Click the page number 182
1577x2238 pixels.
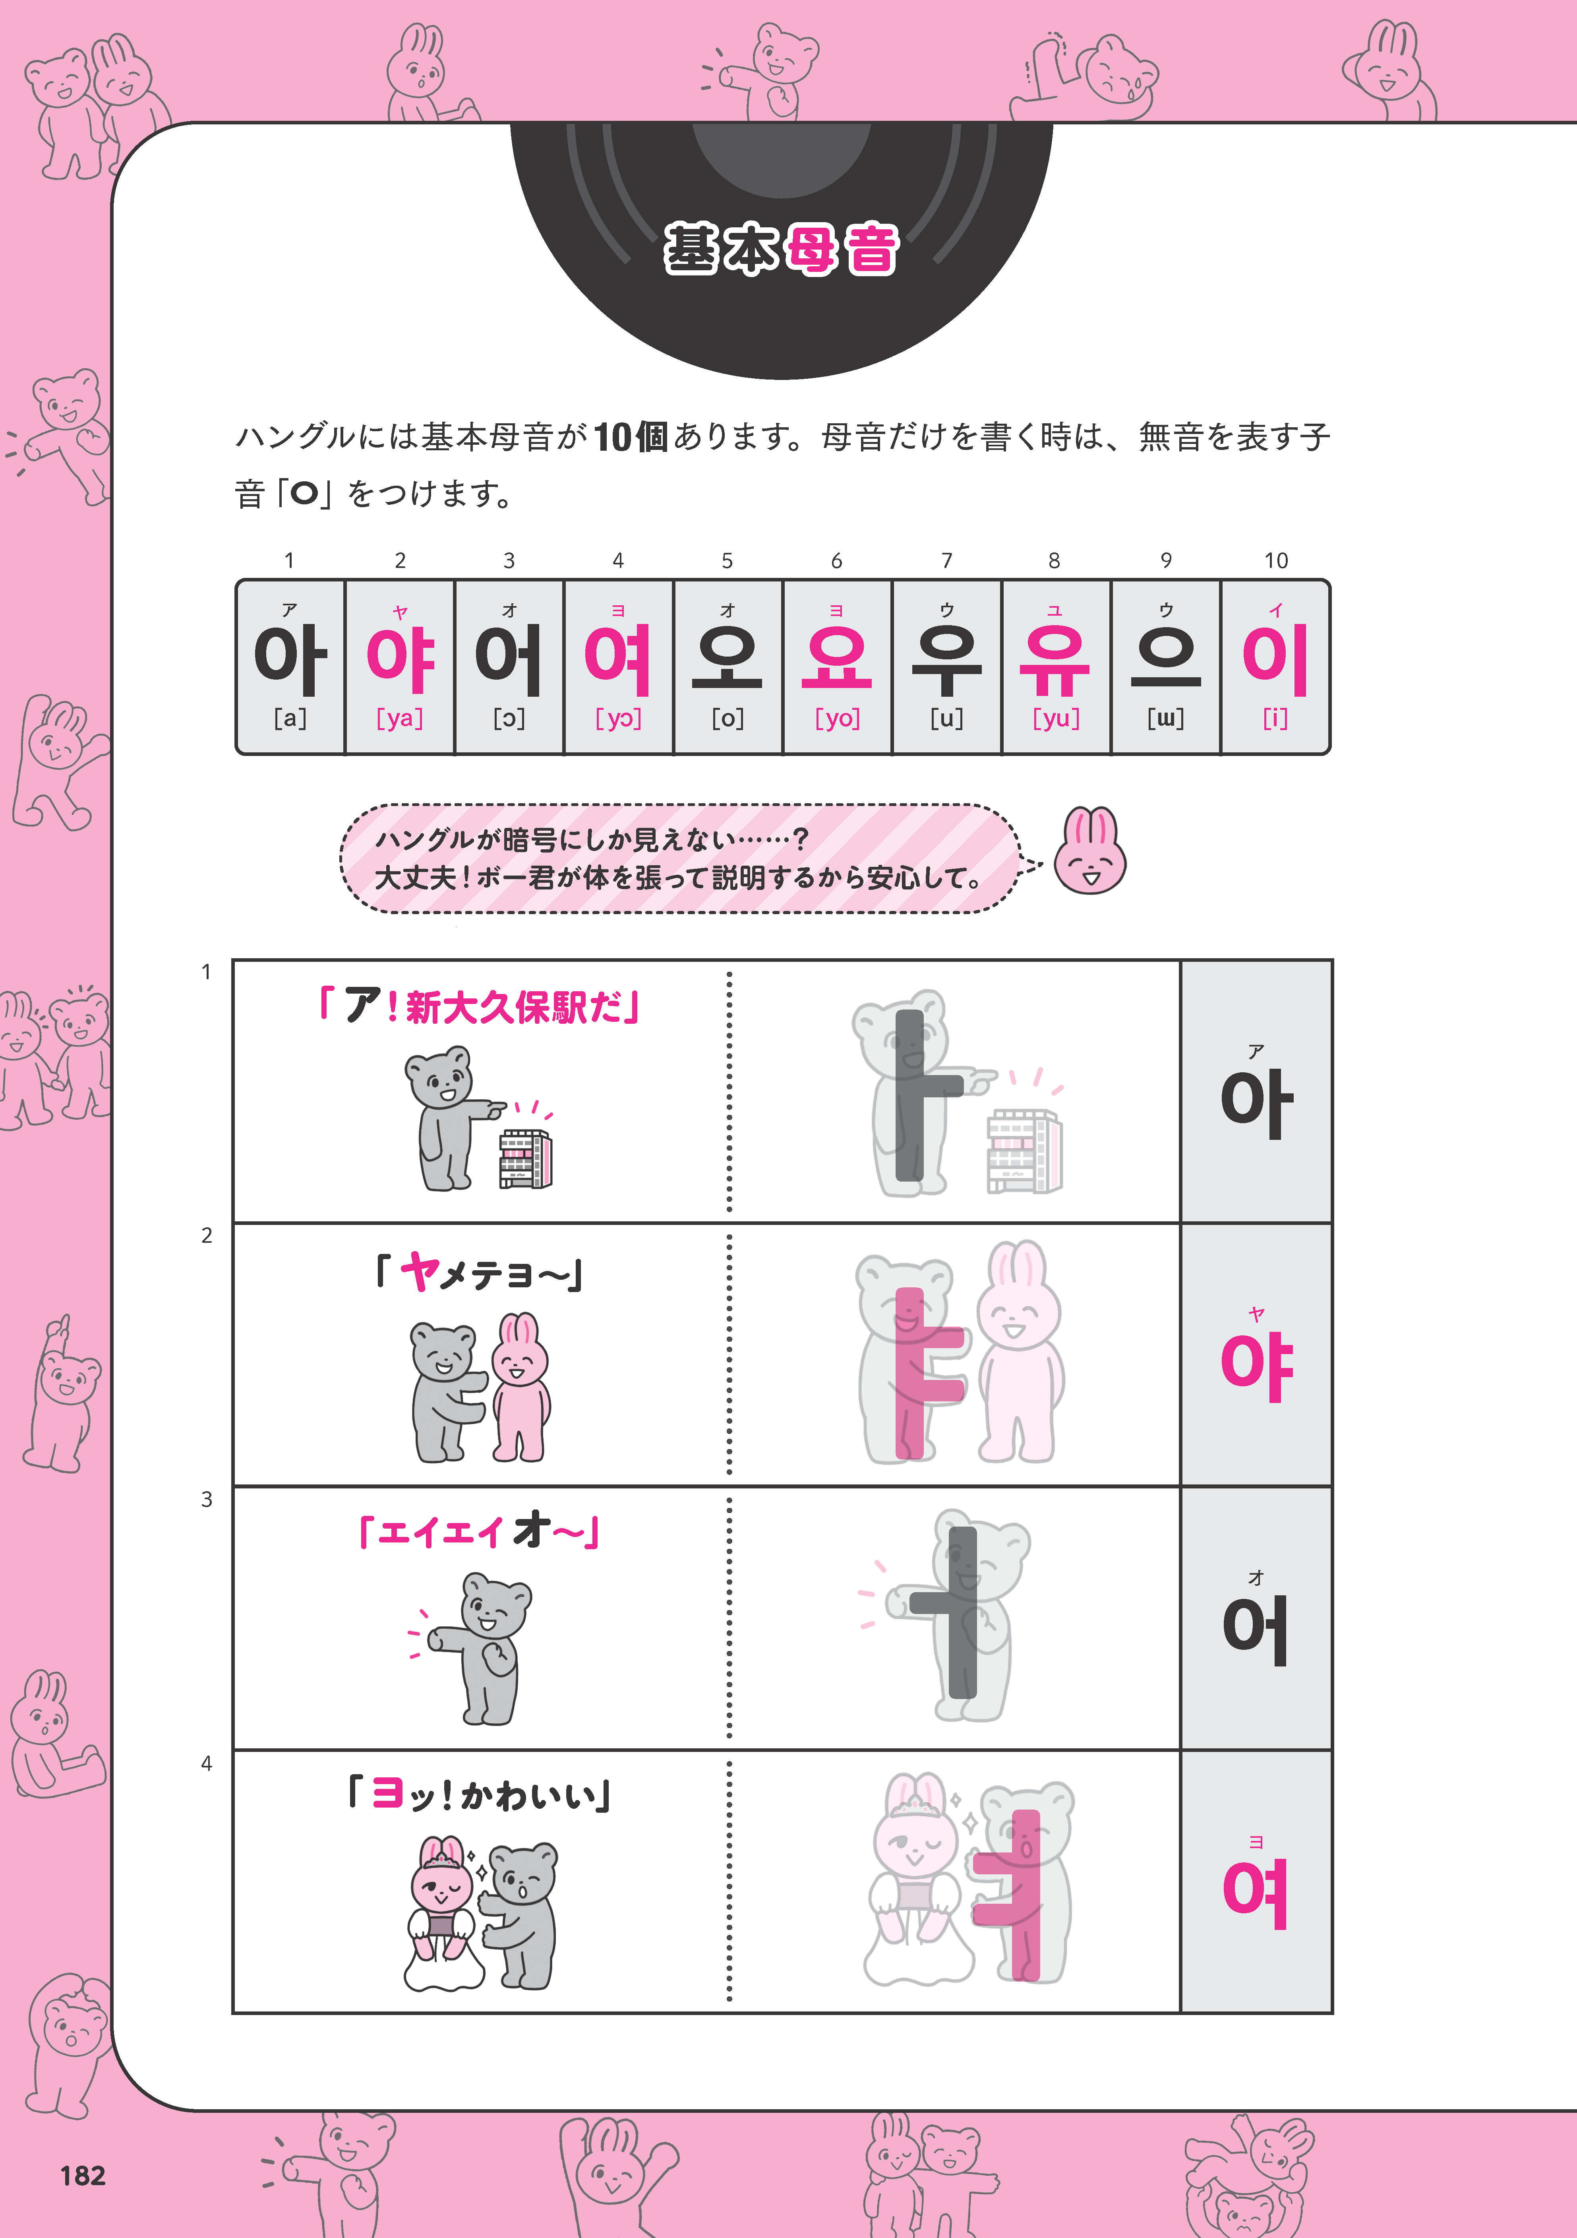pyautogui.click(x=83, y=2176)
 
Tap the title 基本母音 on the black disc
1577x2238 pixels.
pyautogui.click(x=781, y=250)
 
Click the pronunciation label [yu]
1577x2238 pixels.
pyautogui.click(x=1056, y=719)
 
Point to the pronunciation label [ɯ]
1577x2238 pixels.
pyautogui.click(x=1166, y=719)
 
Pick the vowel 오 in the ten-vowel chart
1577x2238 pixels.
pyautogui.click(x=727, y=656)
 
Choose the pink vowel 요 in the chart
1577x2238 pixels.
pyautogui.click(x=836, y=656)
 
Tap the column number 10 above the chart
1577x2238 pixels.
pyautogui.click(x=1276, y=560)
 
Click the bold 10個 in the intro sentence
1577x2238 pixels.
pyautogui.click(x=631, y=437)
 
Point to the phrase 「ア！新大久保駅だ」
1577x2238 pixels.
pyautogui.click(x=480, y=1005)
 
